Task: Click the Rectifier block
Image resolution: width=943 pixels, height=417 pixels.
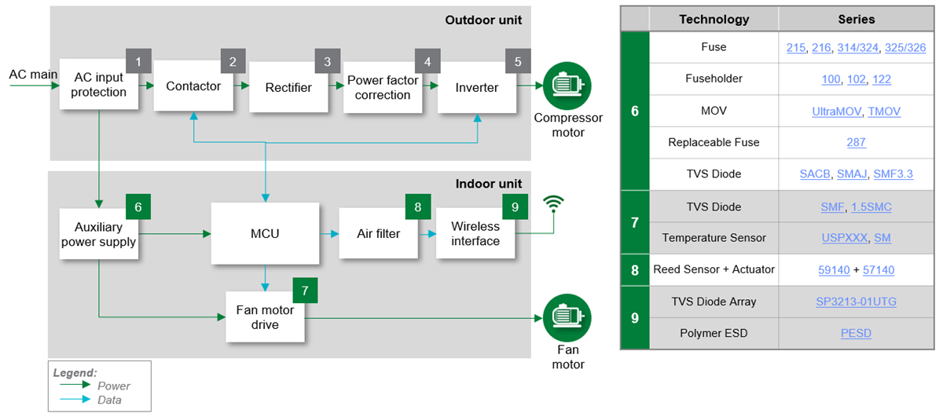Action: [x=288, y=86]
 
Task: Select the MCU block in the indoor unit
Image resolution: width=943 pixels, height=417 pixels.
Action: [x=266, y=233]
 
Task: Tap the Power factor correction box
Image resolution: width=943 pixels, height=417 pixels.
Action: [x=382, y=87]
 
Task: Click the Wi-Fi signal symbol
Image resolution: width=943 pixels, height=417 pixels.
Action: [x=555, y=205]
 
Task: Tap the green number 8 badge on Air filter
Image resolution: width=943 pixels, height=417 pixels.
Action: [x=417, y=207]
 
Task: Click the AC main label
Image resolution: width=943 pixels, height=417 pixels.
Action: [x=28, y=75]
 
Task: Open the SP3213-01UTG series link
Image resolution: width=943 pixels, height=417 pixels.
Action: [x=856, y=302]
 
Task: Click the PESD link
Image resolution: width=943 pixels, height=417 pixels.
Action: [x=856, y=333]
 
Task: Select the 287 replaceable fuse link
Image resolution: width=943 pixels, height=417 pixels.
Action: [x=856, y=142]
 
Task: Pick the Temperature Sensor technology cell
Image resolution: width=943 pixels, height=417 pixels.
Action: [x=714, y=238]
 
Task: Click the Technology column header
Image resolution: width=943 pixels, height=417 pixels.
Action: [x=714, y=19]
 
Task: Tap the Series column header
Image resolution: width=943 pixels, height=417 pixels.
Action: [x=856, y=19]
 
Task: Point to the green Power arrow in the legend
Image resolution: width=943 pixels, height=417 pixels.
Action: [x=75, y=386]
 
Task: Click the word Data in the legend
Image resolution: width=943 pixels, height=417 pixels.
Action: [x=110, y=400]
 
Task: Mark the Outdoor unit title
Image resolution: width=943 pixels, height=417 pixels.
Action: [x=483, y=20]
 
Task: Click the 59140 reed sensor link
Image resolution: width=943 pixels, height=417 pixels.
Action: [x=834, y=270]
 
